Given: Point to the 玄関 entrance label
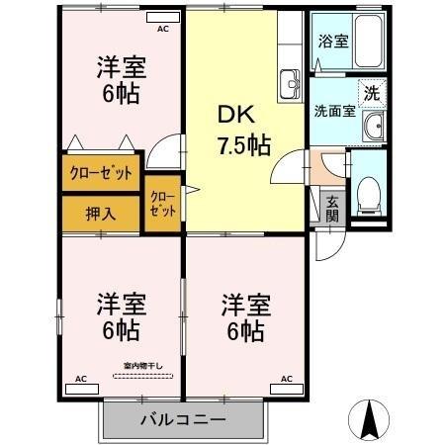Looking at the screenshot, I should click(x=332, y=208).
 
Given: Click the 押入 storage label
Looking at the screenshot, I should click(x=100, y=212).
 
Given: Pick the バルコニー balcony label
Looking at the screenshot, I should click(x=182, y=420).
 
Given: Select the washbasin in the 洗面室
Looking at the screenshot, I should click(x=372, y=125).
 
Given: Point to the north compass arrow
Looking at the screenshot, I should click(x=371, y=419).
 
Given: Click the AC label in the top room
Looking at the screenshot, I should click(x=161, y=29).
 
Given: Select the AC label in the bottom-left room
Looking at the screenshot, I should click(x=82, y=378).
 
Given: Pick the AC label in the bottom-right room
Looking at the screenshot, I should click(x=287, y=378).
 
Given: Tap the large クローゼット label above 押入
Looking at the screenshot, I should click(x=100, y=173).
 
